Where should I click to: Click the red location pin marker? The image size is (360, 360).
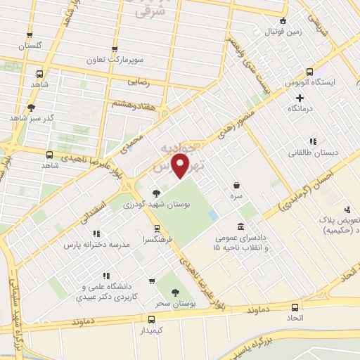181,166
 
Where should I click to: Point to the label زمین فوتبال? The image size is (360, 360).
282,32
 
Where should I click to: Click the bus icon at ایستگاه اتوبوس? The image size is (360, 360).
311,71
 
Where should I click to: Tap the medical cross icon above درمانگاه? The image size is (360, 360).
300,98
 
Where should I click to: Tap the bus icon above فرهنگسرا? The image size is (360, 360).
157,228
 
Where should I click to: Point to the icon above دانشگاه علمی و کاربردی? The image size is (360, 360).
106,276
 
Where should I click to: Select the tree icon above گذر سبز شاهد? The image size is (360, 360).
30,107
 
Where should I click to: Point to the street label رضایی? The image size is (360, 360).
138,82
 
